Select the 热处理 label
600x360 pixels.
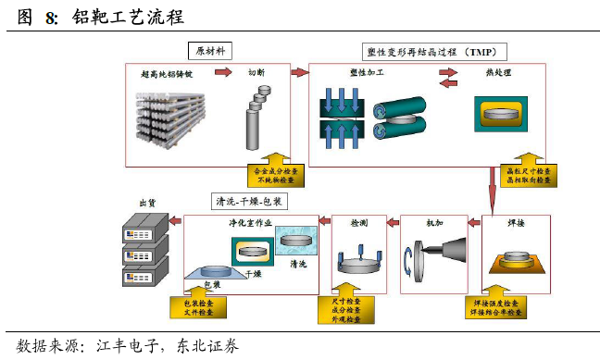[x=498, y=72]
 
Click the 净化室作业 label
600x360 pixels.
[x=252, y=223]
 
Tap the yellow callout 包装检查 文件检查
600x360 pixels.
[x=194, y=306]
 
